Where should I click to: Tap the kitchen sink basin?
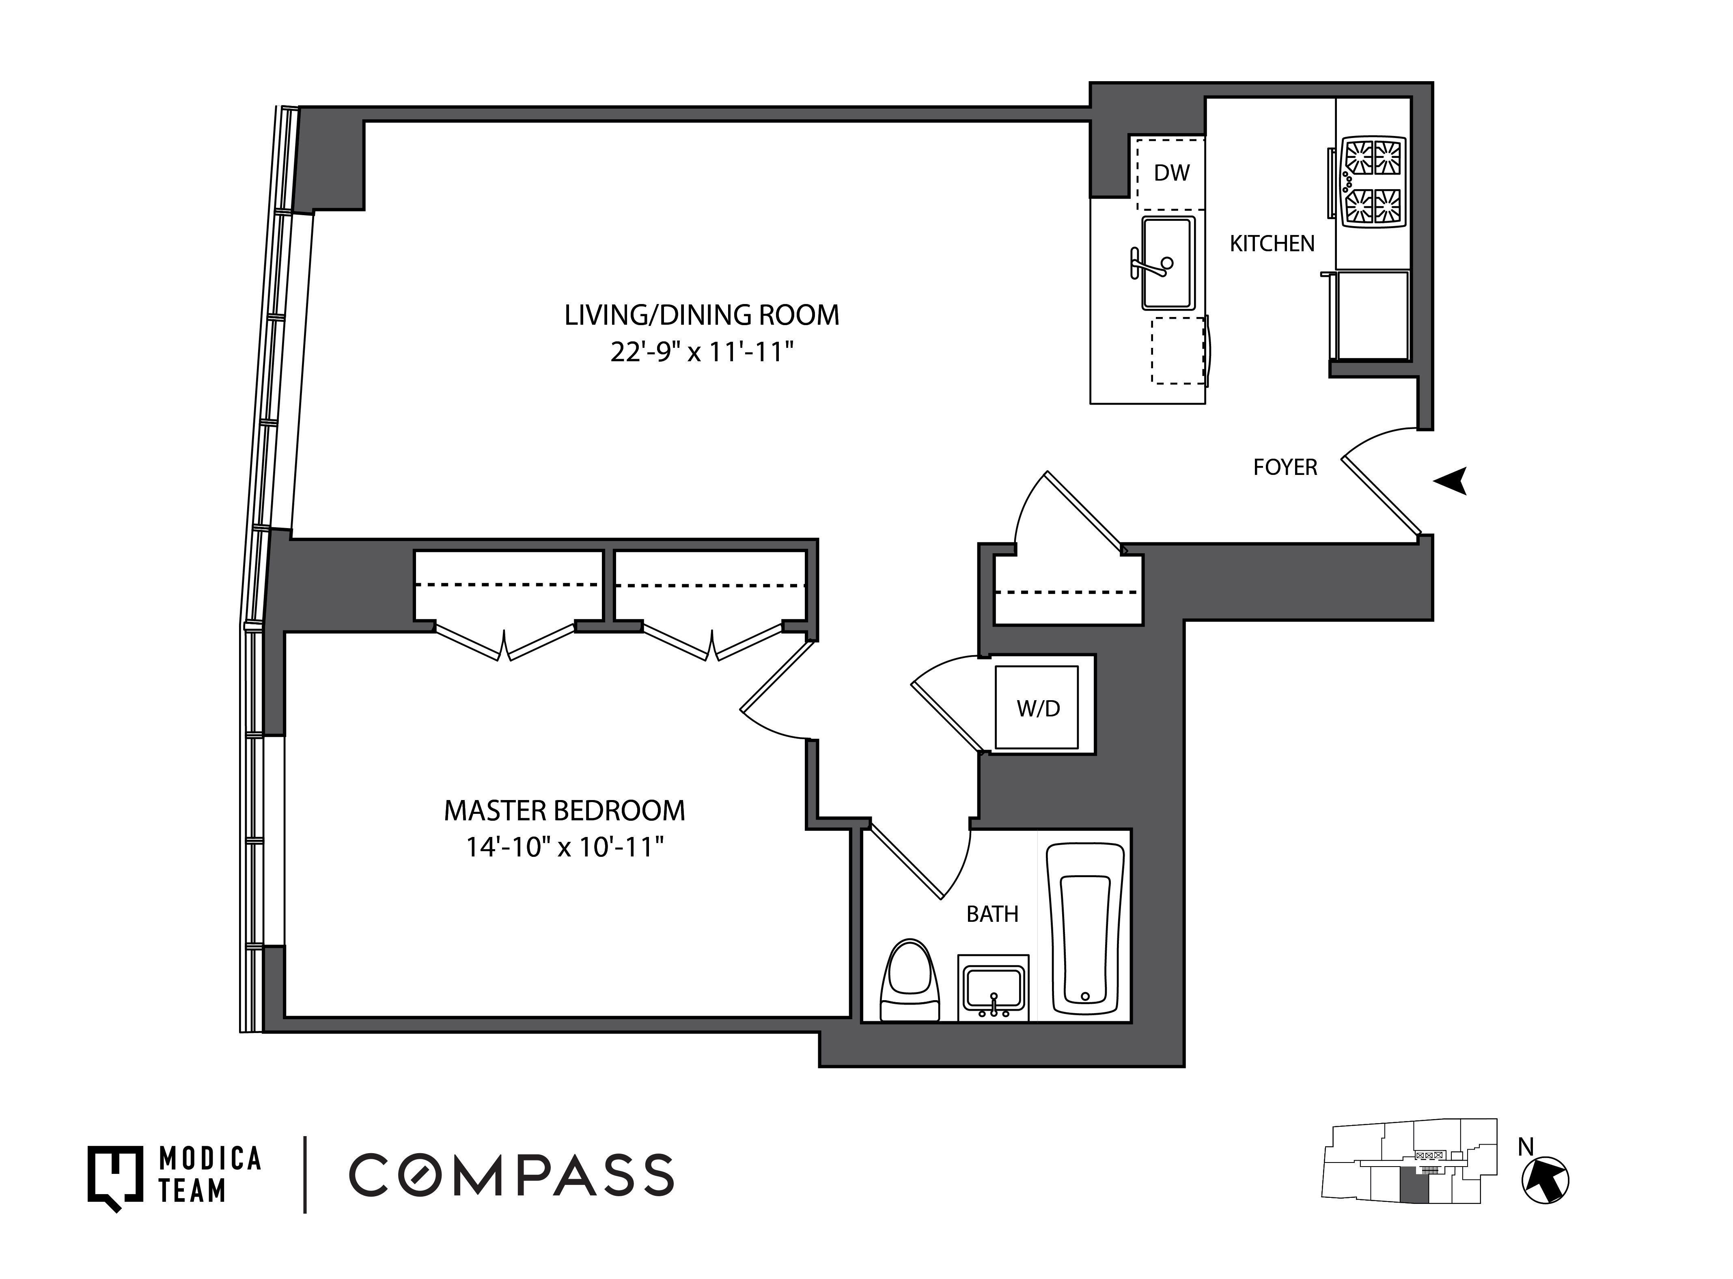[x=1168, y=263]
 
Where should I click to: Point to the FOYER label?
[x=1285, y=467]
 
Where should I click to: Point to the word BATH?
[x=992, y=914]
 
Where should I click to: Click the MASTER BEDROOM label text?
[x=564, y=811]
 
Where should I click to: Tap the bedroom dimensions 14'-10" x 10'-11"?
[x=565, y=848]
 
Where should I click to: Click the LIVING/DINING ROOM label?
[x=701, y=315]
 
